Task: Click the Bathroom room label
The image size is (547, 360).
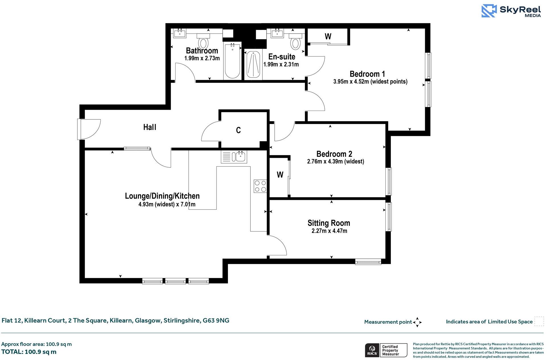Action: point(202,51)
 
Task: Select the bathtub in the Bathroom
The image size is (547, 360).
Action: point(233,61)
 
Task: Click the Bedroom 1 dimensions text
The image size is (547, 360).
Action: point(370,82)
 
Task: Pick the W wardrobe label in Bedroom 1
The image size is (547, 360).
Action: point(328,36)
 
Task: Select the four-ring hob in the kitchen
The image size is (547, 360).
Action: point(260,186)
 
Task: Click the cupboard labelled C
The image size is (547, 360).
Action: point(238,130)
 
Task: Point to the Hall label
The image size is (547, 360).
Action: point(150,127)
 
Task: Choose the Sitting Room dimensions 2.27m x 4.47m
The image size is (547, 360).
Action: point(329,231)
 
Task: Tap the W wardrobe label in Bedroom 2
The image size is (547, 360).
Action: point(280,175)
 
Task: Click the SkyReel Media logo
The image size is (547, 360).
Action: point(511,11)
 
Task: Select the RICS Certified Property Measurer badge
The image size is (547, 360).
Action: point(386,350)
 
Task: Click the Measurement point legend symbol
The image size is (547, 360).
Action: point(417,322)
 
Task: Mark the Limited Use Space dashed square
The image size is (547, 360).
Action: point(539,321)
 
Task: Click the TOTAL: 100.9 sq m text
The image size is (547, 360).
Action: point(29,352)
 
